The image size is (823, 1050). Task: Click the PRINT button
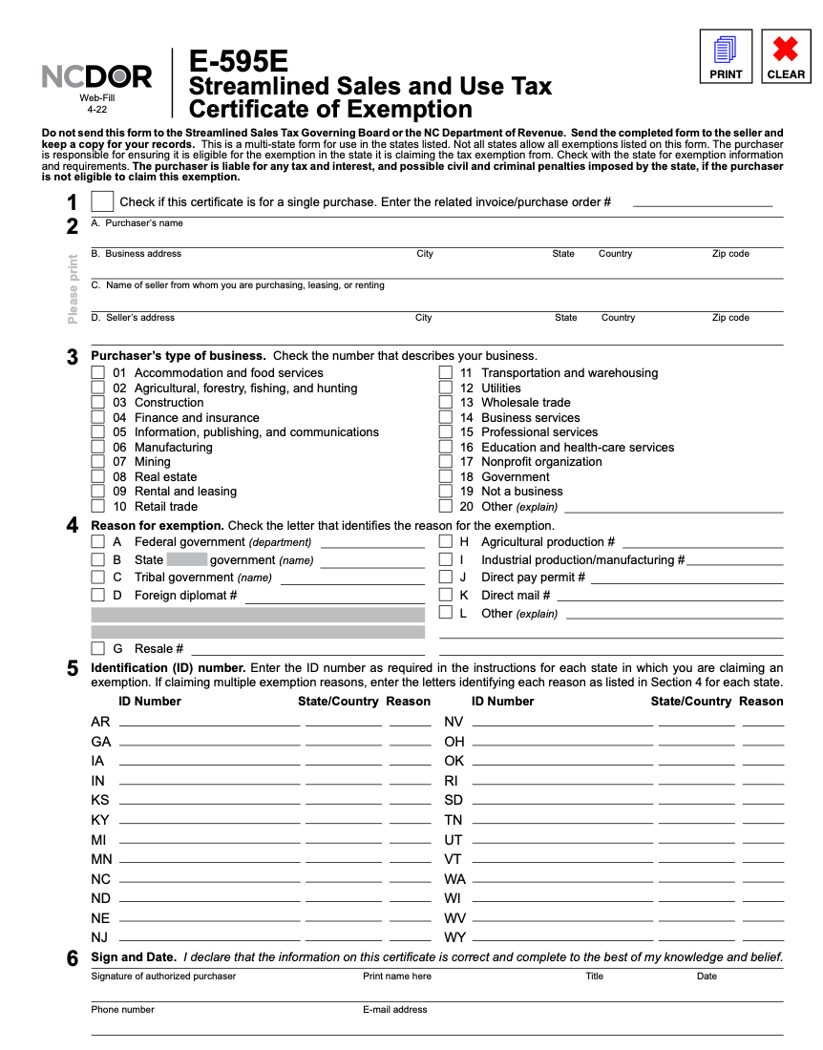726,56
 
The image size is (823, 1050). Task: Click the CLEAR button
785,56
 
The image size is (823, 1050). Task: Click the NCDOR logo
96,77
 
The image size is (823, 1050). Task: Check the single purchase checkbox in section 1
102,201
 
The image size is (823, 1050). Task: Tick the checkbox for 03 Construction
97,403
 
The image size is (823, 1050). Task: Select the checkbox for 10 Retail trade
97,506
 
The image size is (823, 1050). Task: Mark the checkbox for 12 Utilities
446,388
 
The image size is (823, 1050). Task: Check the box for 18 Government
446,476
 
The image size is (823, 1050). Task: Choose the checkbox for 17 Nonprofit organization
446,462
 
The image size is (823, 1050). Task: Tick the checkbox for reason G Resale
97,649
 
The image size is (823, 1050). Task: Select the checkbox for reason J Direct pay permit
446,577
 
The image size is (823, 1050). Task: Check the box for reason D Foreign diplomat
97,595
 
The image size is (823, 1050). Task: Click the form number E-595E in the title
238,62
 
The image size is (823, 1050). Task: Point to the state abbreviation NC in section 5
100,879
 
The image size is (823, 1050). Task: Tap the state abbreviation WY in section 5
455,937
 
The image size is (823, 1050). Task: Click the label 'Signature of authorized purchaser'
163,976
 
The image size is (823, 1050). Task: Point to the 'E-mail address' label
394,1009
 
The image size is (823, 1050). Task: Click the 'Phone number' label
122,1009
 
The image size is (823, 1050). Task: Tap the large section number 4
73,525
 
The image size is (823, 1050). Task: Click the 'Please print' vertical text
74,288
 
